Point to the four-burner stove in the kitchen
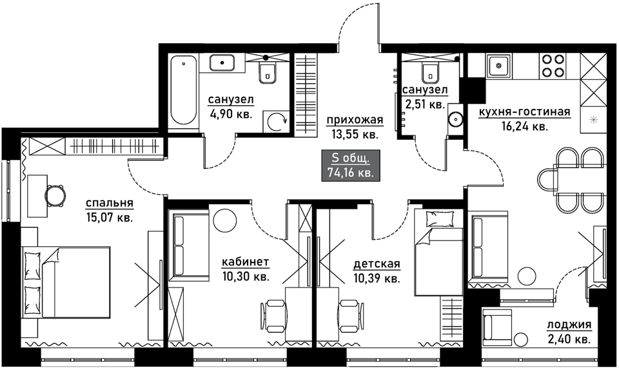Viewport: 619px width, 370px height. pos(553,65)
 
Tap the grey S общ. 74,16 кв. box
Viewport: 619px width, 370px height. pos(351,165)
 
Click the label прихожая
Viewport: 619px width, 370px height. pos(355,119)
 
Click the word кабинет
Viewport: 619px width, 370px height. pos(246,262)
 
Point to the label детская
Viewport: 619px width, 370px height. pos(377,264)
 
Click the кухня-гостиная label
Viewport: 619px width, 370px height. pos(524,112)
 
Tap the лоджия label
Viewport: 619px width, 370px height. pos(569,325)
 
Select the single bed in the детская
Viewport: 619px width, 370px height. pos(438,253)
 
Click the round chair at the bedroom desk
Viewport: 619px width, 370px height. pos(54,195)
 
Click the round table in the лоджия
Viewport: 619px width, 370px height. pos(521,339)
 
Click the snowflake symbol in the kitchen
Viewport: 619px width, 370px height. pos(593,121)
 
